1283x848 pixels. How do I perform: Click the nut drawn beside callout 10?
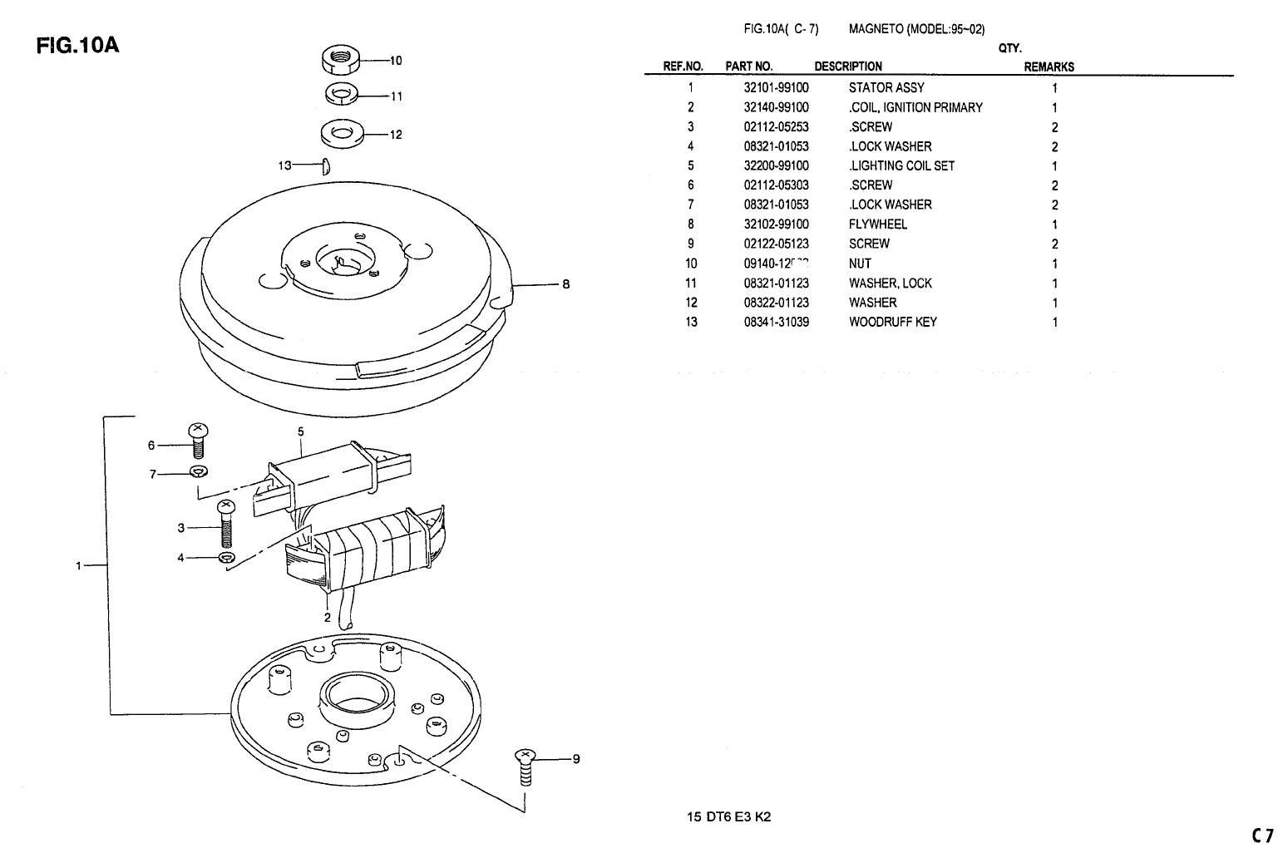339,60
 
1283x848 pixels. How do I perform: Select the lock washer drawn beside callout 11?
340,95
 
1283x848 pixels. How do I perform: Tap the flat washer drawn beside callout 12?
340,133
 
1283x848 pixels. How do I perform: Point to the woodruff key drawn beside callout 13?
327,165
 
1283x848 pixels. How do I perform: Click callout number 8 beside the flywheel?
566,284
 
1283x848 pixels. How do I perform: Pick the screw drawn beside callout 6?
198,441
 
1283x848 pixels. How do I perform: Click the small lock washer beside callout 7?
198,473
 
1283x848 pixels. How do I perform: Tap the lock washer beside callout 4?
225,557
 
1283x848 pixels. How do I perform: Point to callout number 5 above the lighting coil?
300,431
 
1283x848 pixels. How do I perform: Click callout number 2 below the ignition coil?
328,617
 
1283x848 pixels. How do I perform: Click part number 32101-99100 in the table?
776,87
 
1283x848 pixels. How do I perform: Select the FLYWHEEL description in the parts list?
877,224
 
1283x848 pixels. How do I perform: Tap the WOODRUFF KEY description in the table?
892,322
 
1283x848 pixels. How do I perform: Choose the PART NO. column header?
748,67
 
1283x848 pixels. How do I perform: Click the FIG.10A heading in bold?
78,46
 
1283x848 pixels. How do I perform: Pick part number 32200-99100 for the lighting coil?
776,165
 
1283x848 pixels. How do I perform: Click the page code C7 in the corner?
1262,835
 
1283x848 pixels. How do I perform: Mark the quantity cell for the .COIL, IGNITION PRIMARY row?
1054,107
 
